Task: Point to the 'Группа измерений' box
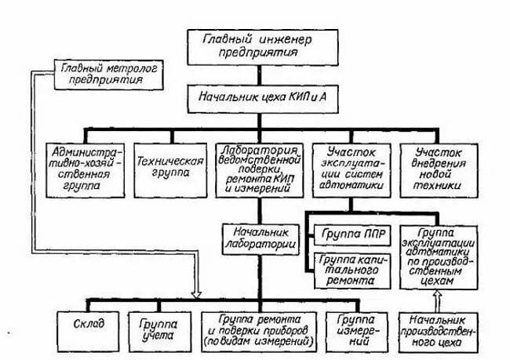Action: click(x=357, y=330)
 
